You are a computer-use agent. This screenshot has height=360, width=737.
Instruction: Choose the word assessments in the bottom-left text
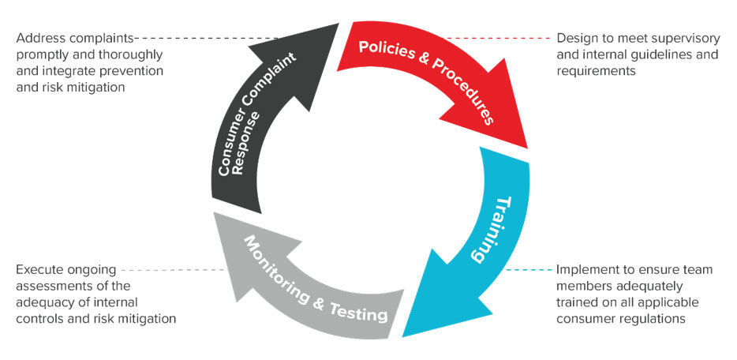[51, 286]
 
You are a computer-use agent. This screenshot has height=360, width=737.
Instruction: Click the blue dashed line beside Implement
[529, 270]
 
